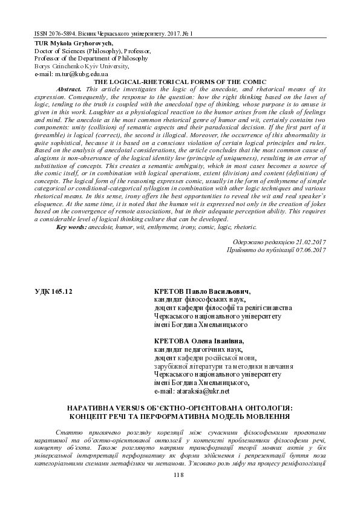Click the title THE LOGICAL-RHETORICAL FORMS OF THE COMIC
pyautogui.click(x=179, y=81)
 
